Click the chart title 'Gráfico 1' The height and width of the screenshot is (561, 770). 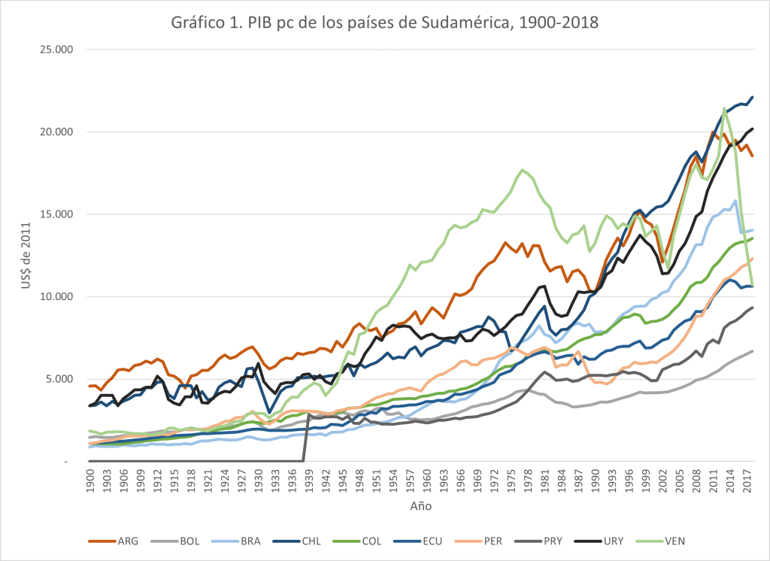point(385,22)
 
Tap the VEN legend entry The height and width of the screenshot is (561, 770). point(663,541)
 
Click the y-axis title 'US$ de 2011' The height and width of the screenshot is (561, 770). point(26,256)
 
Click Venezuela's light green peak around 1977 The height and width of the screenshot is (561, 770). point(523,170)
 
